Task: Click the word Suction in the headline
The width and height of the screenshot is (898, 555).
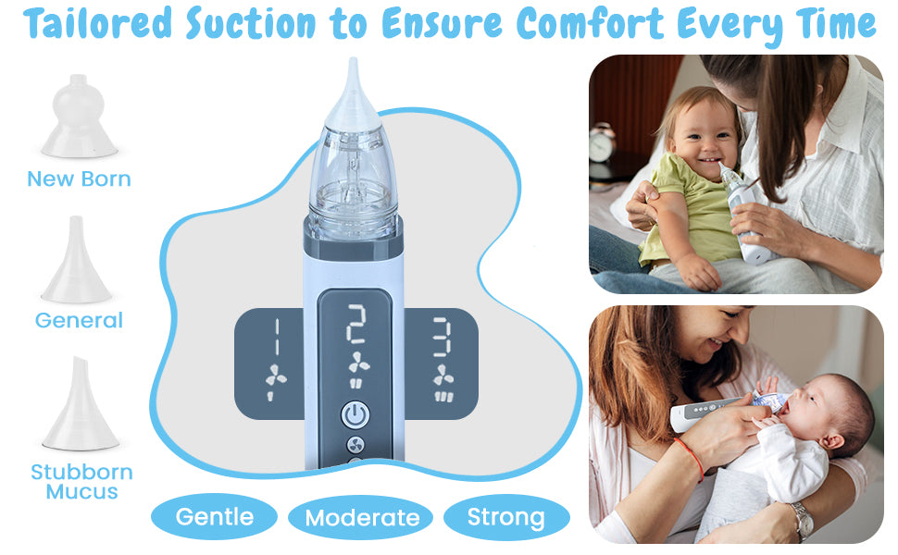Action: (x=250, y=23)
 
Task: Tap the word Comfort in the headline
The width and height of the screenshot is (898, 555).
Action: (x=590, y=23)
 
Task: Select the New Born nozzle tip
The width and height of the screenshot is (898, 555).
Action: (x=79, y=117)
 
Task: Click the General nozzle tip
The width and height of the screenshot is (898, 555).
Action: (x=76, y=260)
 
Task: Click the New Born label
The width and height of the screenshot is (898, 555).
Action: (x=79, y=179)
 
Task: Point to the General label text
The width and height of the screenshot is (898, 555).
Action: (x=79, y=320)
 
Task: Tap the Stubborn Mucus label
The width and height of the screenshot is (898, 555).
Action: (x=81, y=482)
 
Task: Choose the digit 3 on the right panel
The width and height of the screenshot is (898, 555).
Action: (x=442, y=337)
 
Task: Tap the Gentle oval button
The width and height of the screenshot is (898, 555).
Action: (x=214, y=517)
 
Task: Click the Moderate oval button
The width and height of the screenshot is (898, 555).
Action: (x=360, y=518)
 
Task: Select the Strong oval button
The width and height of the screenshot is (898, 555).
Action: (x=506, y=517)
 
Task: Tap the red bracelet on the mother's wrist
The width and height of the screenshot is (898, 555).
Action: (x=691, y=458)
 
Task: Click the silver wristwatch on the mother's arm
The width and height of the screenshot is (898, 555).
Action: (x=802, y=520)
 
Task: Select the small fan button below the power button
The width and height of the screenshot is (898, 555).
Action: (x=355, y=446)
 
